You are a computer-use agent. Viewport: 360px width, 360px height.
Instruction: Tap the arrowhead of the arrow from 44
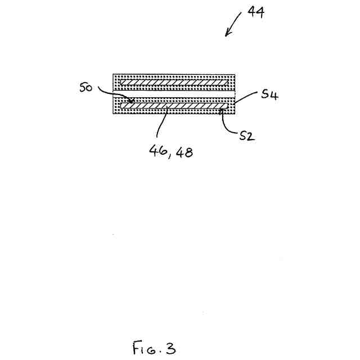click(x=227, y=35)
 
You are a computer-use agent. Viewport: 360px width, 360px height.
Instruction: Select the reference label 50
click(x=86, y=88)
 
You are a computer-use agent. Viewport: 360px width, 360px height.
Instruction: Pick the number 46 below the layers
click(x=156, y=151)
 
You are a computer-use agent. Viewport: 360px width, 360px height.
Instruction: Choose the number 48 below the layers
click(x=183, y=151)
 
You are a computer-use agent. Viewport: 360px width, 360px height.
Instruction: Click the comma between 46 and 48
click(x=169, y=155)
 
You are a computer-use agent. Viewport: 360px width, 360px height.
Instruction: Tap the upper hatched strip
click(x=173, y=82)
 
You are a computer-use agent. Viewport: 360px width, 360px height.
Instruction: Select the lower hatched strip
click(x=173, y=105)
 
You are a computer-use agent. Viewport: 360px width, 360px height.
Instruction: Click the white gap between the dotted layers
click(x=173, y=93)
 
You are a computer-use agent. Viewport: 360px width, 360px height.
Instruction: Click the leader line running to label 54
click(x=246, y=98)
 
